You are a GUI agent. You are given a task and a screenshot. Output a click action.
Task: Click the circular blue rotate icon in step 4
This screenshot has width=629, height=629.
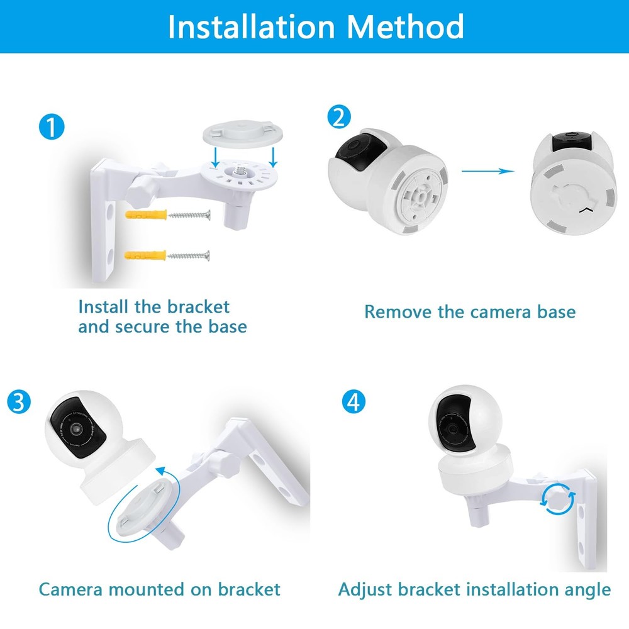pos(558,498)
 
